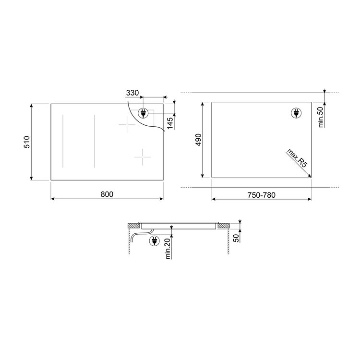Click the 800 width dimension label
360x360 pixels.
click(x=107, y=194)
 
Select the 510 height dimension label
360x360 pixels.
click(x=27, y=142)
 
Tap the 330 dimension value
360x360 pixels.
click(x=132, y=93)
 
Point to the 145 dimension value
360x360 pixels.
click(x=170, y=123)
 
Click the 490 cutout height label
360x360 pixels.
click(x=198, y=140)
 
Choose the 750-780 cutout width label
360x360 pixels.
click(x=261, y=195)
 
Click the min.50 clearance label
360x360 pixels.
click(x=321, y=117)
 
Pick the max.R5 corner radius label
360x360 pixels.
click(x=297, y=158)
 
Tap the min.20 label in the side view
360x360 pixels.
click(x=168, y=249)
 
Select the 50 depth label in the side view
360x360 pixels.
click(x=236, y=238)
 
